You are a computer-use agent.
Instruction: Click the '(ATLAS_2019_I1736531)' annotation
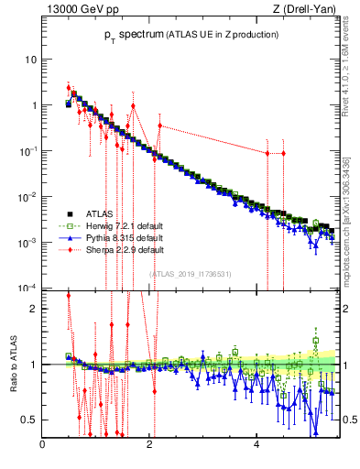coord(191,274)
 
